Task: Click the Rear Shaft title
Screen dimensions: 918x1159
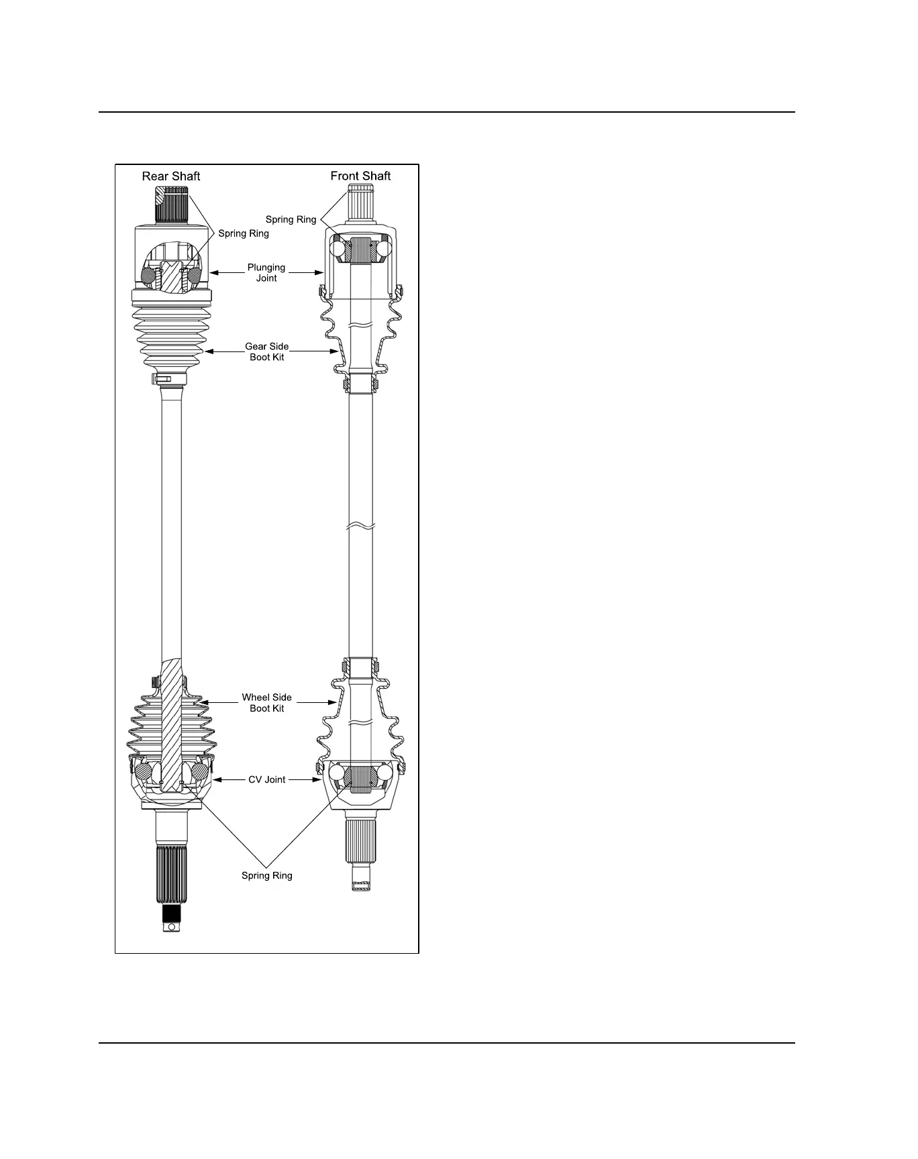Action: point(170,176)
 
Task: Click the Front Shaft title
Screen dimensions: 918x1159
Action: point(360,176)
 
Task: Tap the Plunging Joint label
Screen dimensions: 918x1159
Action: point(266,272)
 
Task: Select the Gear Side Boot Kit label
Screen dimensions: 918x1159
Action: point(266,351)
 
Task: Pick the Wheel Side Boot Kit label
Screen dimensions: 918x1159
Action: point(266,702)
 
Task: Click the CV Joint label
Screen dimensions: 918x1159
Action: point(266,779)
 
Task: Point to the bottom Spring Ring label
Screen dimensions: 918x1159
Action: point(266,875)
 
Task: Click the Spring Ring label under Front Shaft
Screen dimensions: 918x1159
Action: point(291,219)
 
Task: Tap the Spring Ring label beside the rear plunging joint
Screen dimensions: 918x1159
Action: point(244,233)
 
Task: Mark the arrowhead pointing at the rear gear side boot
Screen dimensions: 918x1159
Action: point(209,351)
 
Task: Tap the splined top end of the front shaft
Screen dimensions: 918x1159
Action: point(360,202)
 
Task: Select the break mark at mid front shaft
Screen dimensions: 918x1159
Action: point(360,526)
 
